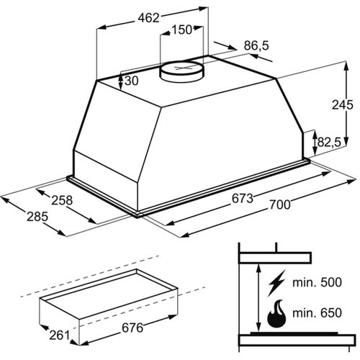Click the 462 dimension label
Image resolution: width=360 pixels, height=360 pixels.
coord(148,18)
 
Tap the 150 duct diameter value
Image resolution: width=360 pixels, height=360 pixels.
coord(182,30)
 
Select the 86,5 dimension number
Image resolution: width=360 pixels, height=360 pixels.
coord(256,45)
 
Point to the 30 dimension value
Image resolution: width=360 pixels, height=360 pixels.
coord(132,81)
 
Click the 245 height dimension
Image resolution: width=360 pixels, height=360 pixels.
coord(343,104)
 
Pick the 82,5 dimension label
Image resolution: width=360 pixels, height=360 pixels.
coord(329,143)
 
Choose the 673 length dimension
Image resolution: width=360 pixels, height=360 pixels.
coord(243,198)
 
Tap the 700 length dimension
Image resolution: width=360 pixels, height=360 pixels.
coord(280,204)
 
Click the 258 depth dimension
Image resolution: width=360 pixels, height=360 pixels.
coord(62,200)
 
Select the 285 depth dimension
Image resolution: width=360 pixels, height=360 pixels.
coord(37,217)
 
